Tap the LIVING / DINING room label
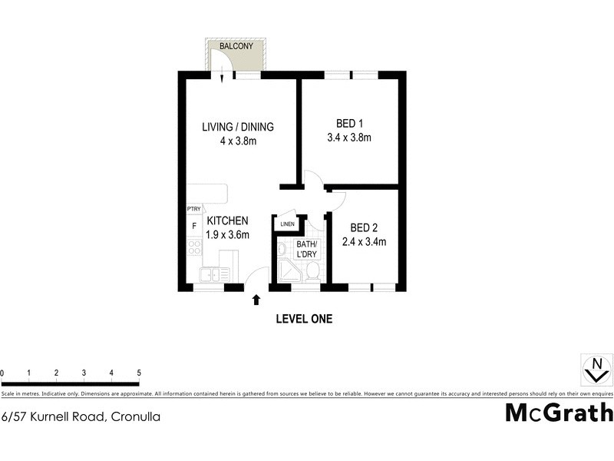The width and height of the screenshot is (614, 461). (x=238, y=127)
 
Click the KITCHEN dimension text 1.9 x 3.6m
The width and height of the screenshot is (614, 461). (x=228, y=235)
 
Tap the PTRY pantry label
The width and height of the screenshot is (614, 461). (x=193, y=209)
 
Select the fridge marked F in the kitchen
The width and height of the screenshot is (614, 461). (x=194, y=227)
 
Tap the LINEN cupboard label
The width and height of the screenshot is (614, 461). (x=287, y=224)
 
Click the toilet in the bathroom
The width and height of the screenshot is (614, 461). (x=312, y=271)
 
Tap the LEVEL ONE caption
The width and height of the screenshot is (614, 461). (x=304, y=319)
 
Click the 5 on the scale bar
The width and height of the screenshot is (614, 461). (x=139, y=373)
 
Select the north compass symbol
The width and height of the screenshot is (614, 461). (x=593, y=370)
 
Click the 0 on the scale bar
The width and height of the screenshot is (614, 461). (x=2, y=373)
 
